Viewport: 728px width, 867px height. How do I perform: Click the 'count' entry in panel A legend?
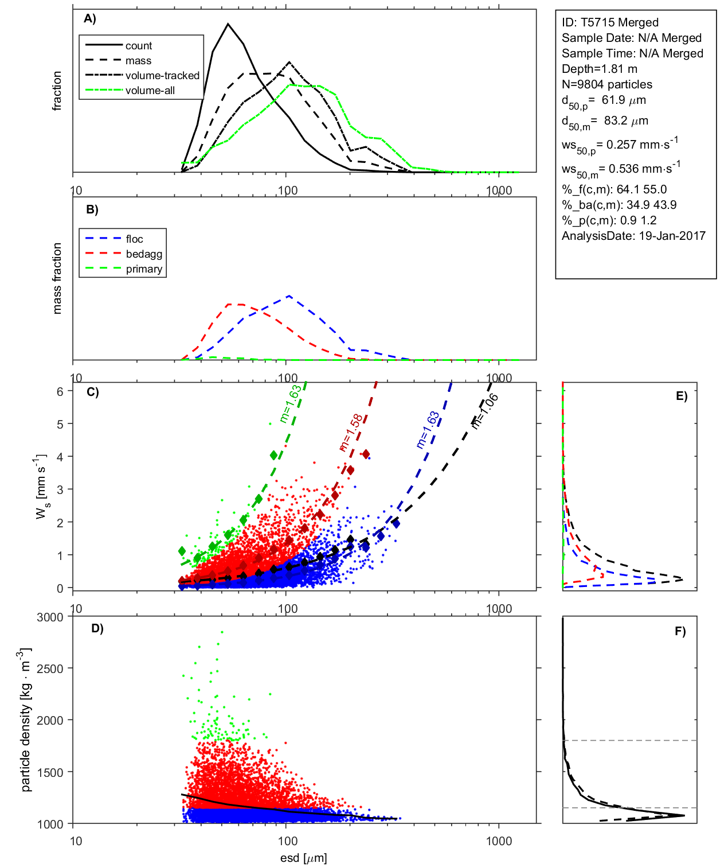click(x=139, y=46)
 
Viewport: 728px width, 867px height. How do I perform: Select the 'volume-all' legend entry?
click(x=150, y=91)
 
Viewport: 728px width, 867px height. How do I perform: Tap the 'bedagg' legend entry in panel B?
click(x=144, y=254)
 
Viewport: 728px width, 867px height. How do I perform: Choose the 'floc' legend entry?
click(x=134, y=239)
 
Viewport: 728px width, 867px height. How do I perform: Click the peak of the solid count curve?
click(x=228, y=24)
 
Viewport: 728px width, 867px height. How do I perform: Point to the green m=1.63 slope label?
click(x=291, y=404)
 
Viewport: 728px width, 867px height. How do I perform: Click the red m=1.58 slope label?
click(x=351, y=432)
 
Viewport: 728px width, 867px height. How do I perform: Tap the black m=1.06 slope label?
click(x=484, y=411)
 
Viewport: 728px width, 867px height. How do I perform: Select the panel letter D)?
click(x=97, y=628)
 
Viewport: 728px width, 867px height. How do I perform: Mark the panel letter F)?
click(x=680, y=631)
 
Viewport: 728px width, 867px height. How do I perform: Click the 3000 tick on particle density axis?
click(x=50, y=617)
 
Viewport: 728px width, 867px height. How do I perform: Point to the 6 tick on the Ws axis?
click(x=60, y=391)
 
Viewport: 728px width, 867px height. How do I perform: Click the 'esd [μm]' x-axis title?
click(x=304, y=858)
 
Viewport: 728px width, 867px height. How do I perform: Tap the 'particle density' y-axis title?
click(x=26, y=720)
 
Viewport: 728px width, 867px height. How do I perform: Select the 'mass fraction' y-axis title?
click(x=57, y=278)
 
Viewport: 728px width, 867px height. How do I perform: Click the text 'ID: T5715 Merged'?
click(x=610, y=22)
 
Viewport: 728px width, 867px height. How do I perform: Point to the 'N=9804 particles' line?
click(x=606, y=84)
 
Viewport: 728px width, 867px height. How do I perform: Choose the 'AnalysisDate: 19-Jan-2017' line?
click(x=633, y=236)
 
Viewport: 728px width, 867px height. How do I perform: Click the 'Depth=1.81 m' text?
click(x=599, y=69)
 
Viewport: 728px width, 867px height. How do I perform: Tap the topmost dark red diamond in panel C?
click(x=366, y=454)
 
